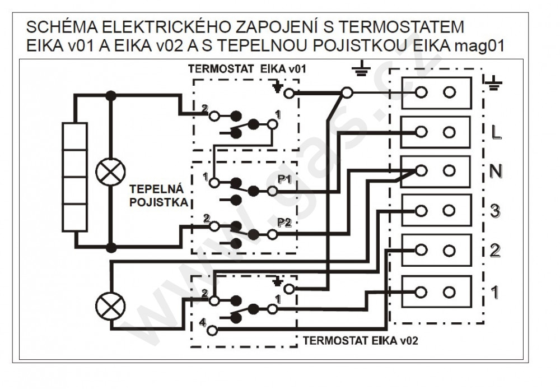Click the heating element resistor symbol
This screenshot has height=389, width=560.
point(74,177)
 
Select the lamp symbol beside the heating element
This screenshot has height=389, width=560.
point(111,172)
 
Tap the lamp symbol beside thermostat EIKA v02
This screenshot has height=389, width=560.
point(111,307)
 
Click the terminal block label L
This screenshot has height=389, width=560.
point(496,132)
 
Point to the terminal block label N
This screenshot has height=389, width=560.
point(496,172)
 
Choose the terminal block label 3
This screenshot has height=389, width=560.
point(495,211)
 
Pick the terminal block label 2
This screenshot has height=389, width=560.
point(495,251)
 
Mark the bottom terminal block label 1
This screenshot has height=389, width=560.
point(494,293)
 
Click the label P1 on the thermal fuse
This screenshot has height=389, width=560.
point(284,179)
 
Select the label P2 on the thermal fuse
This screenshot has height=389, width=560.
point(284,223)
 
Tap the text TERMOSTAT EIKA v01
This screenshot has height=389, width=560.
point(247,68)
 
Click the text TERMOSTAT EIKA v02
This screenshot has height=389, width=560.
point(360,340)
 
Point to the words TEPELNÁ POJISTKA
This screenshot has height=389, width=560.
point(158,196)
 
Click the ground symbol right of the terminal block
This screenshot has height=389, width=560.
point(494,83)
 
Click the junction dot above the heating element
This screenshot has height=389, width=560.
point(111,96)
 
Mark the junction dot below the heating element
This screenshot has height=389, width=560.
point(111,247)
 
